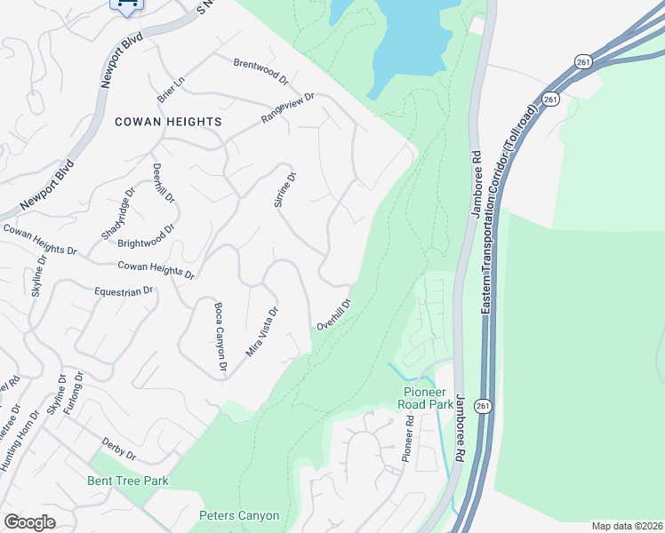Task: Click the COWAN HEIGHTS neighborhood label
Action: [x=167, y=121]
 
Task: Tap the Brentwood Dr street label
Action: [x=261, y=71]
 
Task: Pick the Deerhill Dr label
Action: [x=163, y=184]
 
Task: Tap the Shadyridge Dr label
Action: [x=117, y=214]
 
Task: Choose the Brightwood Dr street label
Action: [x=146, y=235]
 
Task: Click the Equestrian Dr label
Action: [x=124, y=290]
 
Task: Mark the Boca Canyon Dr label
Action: [x=220, y=337]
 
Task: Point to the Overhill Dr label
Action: [x=335, y=314]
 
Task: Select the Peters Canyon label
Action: [x=239, y=515]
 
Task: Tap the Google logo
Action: [x=29, y=521]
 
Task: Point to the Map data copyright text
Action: [x=627, y=526]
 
